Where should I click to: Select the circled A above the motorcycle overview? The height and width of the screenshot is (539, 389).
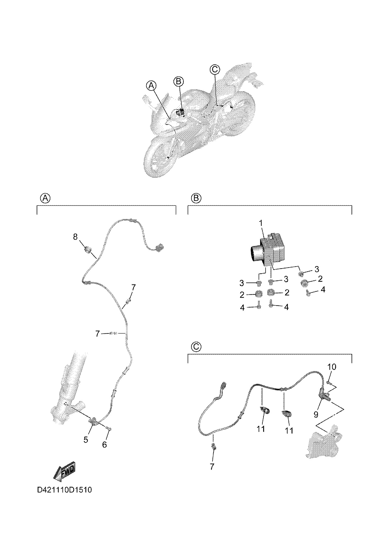(151, 86)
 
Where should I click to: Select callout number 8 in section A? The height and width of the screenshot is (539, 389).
(75, 237)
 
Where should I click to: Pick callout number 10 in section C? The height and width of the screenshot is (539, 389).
(332, 367)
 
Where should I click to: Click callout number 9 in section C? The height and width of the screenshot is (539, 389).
(316, 414)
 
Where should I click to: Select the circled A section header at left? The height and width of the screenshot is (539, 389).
(45, 198)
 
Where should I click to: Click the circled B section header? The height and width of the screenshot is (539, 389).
(196, 198)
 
